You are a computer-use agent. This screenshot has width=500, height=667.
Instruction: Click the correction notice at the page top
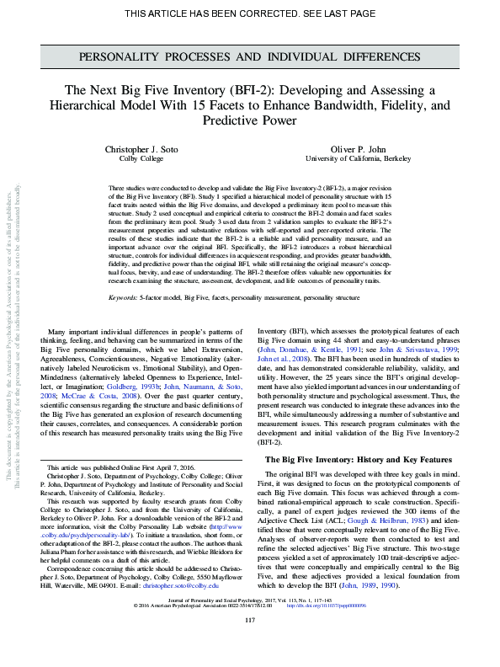click(x=249, y=13)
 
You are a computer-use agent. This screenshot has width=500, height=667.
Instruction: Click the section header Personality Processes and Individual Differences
click(x=249, y=57)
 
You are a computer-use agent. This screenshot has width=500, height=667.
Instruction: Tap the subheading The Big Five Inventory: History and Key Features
click(x=358, y=459)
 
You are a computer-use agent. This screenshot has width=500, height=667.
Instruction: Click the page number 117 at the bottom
click(x=249, y=644)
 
